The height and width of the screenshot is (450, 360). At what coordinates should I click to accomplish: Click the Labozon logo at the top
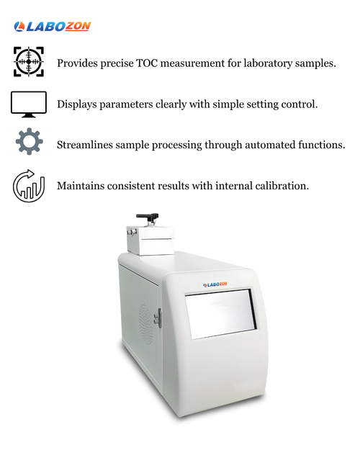[53, 27]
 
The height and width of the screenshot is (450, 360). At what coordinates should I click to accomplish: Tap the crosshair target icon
[29, 62]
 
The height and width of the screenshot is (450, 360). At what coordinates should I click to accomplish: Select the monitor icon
[29, 104]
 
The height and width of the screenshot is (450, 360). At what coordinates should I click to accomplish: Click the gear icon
[30, 142]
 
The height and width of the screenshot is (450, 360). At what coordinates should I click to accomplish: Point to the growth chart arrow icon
[29, 186]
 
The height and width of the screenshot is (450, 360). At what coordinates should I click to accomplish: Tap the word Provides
[77, 63]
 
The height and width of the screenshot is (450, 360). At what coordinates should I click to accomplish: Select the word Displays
[76, 104]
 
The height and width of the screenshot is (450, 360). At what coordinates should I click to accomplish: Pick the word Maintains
[81, 186]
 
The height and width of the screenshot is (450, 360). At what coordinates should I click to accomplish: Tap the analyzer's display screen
[220, 314]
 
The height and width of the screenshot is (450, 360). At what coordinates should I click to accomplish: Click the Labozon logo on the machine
[215, 284]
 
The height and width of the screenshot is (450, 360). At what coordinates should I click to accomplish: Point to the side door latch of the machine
[158, 318]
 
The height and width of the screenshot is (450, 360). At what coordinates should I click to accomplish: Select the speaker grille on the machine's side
[146, 324]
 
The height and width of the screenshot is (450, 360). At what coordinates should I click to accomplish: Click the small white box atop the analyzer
[150, 240]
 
